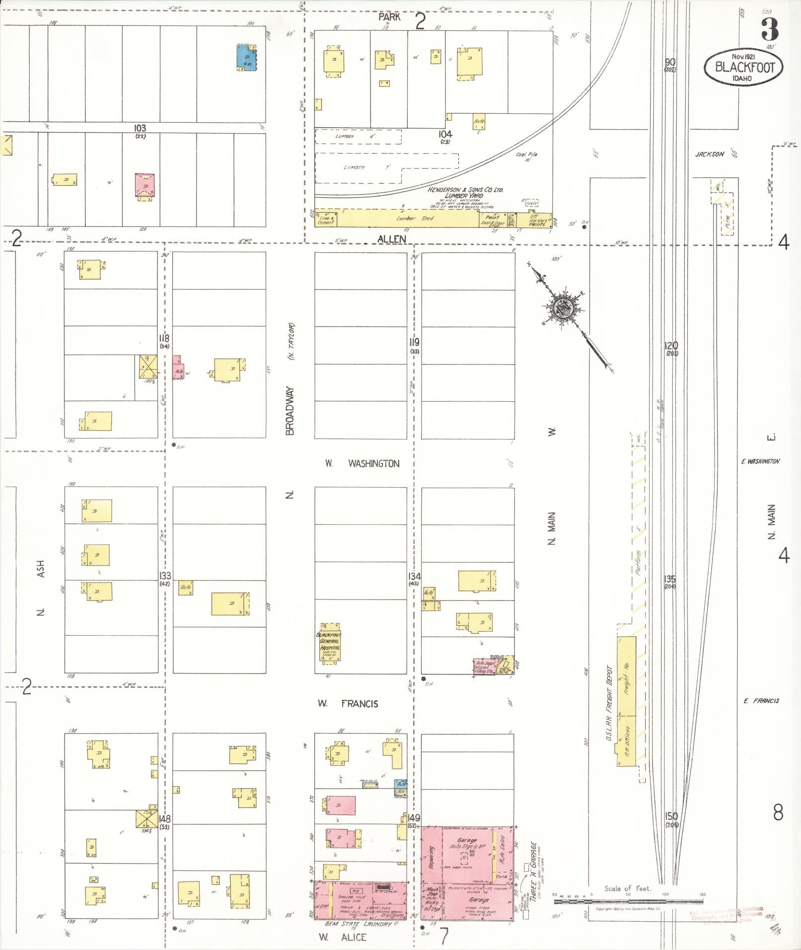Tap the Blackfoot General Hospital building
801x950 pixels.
[329, 643]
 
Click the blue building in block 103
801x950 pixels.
[246, 58]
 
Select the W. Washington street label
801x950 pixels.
[362, 463]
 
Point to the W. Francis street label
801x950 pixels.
[348, 703]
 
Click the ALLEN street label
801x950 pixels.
[391, 239]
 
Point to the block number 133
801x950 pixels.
[165, 576]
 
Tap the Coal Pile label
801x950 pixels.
[526, 154]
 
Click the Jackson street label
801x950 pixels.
[709, 154]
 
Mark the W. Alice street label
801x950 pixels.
[343, 937]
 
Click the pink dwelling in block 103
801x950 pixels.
[145, 185]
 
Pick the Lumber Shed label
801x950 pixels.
[408, 218]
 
